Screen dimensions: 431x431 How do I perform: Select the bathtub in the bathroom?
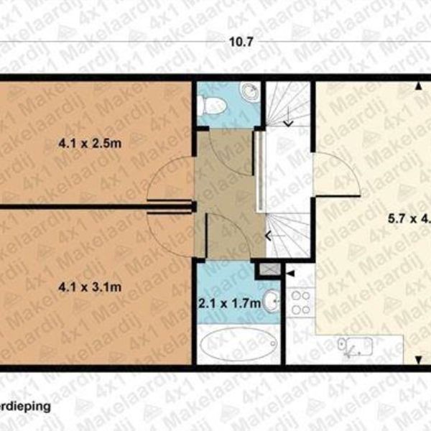click(238, 345)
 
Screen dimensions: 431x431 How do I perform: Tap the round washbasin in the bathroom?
click(271, 302)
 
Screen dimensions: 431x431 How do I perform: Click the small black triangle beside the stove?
click(290, 274)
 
